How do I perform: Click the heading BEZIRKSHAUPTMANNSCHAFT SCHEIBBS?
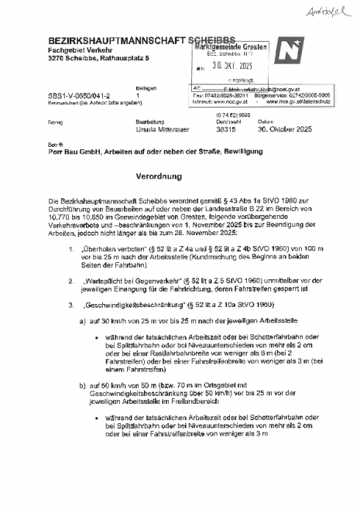[x=125, y=39]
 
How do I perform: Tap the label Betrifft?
[x=56, y=145]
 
